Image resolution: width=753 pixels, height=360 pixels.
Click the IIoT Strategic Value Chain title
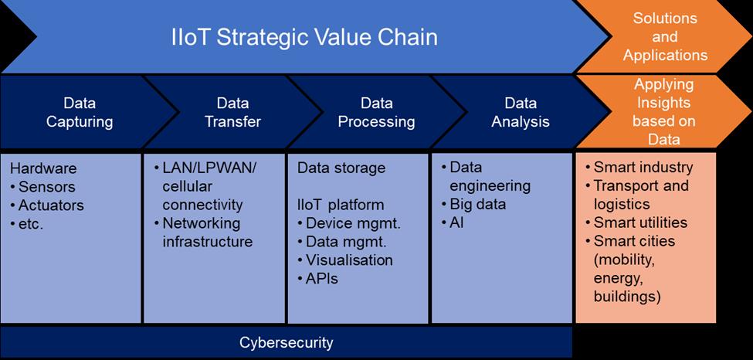click(x=304, y=37)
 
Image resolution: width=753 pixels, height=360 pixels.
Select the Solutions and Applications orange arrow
click(x=664, y=36)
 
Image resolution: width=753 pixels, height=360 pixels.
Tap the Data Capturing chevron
click(x=80, y=112)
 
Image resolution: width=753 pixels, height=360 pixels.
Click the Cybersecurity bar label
click(x=287, y=341)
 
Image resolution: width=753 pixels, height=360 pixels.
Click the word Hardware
click(x=44, y=169)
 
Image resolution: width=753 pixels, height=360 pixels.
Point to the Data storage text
click(x=341, y=168)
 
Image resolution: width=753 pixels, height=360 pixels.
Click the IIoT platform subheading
click(x=340, y=205)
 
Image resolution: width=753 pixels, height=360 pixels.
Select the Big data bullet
click(x=477, y=205)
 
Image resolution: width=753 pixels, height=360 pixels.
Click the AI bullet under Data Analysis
click(x=458, y=223)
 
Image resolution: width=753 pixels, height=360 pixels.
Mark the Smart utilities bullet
click(x=640, y=223)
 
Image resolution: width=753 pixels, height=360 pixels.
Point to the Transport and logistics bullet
click(x=640, y=195)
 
